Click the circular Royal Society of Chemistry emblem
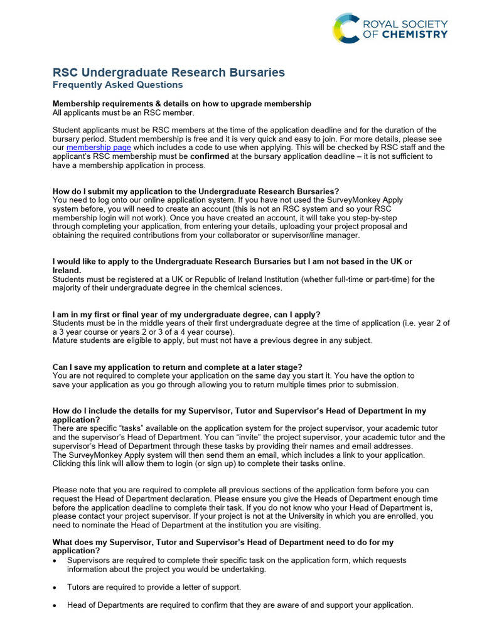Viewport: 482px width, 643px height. click(x=346, y=29)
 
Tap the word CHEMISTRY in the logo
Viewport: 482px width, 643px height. click(x=414, y=35)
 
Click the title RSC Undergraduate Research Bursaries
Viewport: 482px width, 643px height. click(x=168, y=73)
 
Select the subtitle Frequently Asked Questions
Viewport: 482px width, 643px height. click(x=117, y=85)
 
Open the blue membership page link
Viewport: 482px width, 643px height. click(x=99, y=148)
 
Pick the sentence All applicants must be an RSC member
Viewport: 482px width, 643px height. click(x=123, y=112)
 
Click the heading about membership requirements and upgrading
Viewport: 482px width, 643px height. click(x=181, y=104)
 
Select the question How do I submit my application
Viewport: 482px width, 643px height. click(x=196, y=191)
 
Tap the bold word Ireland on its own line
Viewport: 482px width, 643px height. click(x=67, y=270)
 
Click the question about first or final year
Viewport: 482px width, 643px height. click(x=186, y=314)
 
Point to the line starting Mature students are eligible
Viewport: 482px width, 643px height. click(x=212, y=340)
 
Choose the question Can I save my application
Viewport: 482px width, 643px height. click(x=177, y=367)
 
